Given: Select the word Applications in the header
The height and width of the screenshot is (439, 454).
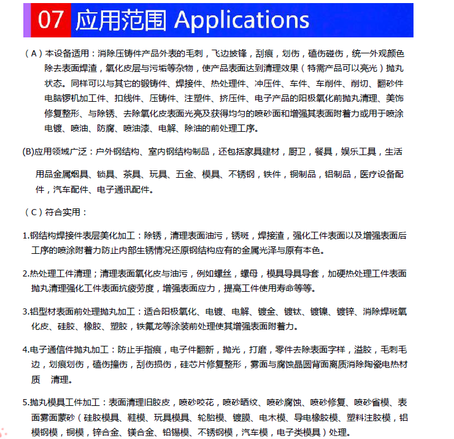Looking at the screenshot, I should click(242, 21).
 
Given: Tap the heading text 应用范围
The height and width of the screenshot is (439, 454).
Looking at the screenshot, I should click(121, 20).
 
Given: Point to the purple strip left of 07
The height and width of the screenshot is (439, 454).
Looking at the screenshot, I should click(27, 20).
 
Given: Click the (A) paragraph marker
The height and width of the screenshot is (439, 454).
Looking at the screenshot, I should click(33, 53).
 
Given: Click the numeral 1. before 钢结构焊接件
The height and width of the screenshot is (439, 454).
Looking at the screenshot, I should click(26, 235).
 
